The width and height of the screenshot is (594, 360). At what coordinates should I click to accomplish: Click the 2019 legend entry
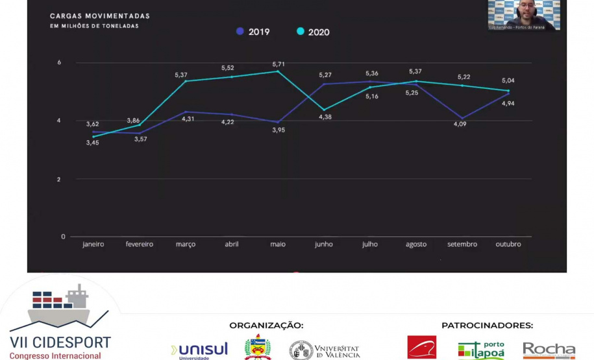point(254,32)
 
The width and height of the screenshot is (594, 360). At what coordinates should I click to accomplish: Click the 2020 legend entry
point(313,32)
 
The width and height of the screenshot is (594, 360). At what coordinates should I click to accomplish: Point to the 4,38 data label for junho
point(325,117)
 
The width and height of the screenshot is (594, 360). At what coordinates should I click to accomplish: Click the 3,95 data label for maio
point(278,130)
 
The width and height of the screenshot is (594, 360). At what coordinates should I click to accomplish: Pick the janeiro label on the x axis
point(93,245)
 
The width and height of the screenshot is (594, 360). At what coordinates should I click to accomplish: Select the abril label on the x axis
point(232,245)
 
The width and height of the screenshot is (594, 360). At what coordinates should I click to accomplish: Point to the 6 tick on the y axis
point(59,62)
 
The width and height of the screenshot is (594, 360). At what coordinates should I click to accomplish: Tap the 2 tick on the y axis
point(59,179)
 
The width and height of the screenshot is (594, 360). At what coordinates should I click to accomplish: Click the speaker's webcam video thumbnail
point(524,15)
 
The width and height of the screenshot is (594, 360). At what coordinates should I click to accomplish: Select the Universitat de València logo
point(325,350)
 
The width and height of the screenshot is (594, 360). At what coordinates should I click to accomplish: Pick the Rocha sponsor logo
point(549,350)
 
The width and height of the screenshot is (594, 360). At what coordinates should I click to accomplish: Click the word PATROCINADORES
point(487,326)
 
